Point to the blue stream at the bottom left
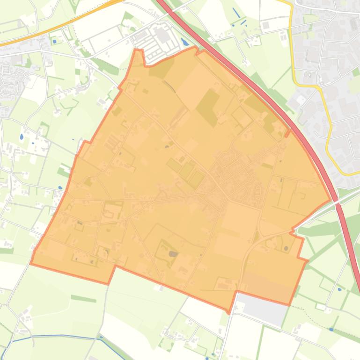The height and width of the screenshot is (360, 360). pos(56,335)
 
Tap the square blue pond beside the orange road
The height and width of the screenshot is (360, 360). pos(55,41)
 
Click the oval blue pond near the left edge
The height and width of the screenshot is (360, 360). pos(21,137)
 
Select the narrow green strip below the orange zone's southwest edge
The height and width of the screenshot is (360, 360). pos(83,298)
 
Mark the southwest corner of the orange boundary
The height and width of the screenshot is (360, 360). pos(31,264)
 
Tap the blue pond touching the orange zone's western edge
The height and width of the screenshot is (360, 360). pos(60,188)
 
